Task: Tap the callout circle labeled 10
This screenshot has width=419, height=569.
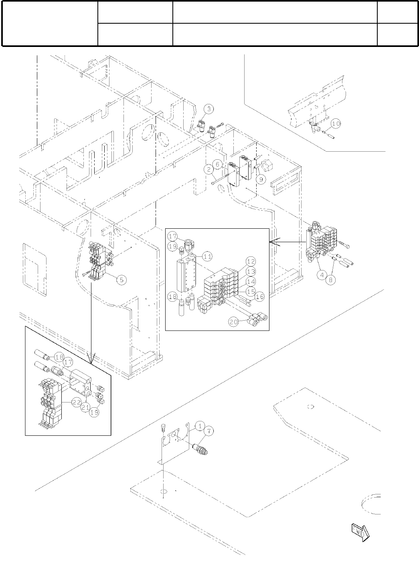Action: click(336, 124)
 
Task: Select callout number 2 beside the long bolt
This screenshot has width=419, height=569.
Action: click(208, 170)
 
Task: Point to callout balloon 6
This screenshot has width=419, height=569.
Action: click(217, 164)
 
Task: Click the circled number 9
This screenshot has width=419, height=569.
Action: click(261, 179)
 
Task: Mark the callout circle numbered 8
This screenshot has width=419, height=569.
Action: click(330, 280)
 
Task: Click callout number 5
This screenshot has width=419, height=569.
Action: click(122, 280)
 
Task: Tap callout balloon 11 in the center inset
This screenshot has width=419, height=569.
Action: click(207, 256)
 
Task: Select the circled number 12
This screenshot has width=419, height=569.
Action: click(251, 262)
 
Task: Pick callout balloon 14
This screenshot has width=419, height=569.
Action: click(251, 282)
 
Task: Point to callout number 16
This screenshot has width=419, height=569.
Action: click(259, 297)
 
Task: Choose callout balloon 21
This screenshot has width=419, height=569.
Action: click(85, 407)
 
